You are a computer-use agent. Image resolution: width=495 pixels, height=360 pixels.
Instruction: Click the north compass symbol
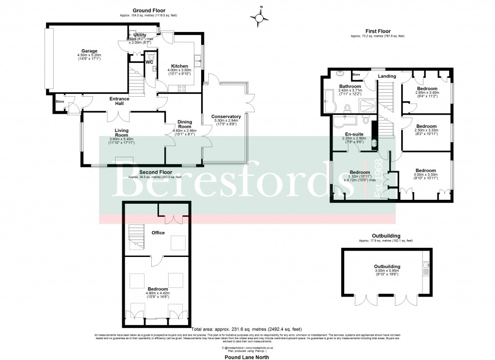tap(261, 18)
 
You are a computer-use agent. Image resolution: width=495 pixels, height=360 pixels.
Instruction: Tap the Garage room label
tap(89, 51)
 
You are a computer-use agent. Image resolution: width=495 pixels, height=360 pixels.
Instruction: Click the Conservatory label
tap(226, 117)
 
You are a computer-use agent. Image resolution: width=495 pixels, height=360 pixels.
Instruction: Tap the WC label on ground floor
tap(149, 62)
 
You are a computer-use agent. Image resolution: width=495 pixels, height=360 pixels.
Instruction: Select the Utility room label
tap(140, 35)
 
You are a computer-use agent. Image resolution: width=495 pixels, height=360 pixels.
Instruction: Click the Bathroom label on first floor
tap(349, 86)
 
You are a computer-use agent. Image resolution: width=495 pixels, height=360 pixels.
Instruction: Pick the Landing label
tap(387, 76)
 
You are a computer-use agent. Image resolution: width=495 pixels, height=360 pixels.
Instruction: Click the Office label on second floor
tap(158, 233)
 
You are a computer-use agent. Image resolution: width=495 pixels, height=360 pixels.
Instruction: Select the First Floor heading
tap(378, 31)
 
